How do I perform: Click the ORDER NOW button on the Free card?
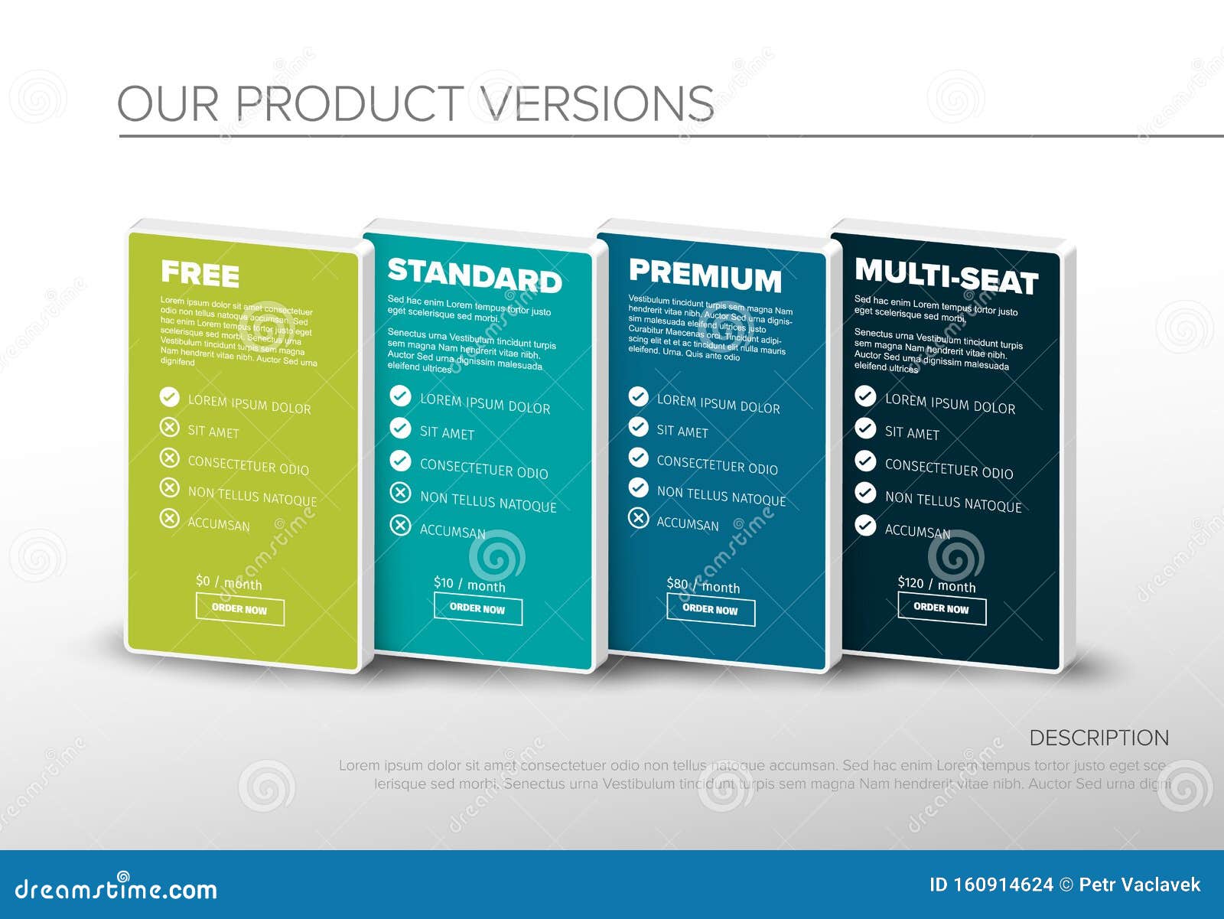[x=239, y=610]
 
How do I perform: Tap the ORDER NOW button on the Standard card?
[x=477, y=609]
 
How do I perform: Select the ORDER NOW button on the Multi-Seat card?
[x=941, y=609]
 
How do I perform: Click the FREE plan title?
[x=200, y=274]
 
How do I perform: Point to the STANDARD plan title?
[x=474, y=275]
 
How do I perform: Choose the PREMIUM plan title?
[x=705, y=275]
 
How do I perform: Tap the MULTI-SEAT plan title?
[x=946, y=276]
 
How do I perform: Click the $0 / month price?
[x=229, y=583]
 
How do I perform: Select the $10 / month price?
[x=469, y=585]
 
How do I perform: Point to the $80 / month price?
[x=703, y=586]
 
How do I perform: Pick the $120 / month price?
[x=936, y=585]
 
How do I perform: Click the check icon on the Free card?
[x=169, y=397]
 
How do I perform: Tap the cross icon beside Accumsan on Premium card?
[x=638, y=518]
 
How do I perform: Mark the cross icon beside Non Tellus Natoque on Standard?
[x=400, y=492]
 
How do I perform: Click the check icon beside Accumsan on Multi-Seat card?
[x=865, y=525]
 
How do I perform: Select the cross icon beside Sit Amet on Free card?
[x=169, y=427]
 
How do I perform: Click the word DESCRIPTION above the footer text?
[x=1099, y=738]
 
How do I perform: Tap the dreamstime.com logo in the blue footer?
[x=116, y=888]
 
